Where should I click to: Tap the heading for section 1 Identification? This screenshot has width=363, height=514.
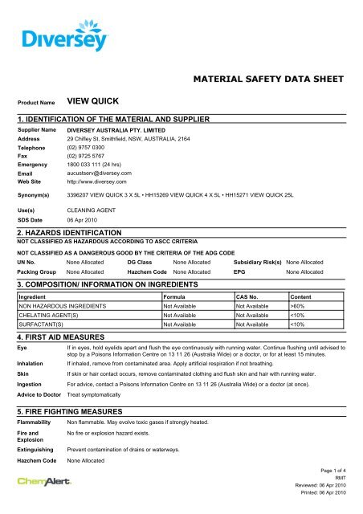tap(113, 119)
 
